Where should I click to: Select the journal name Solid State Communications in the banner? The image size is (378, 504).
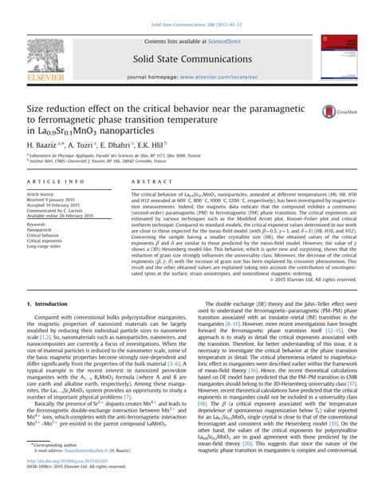pos(188,58)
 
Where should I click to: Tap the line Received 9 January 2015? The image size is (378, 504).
pos(57,200)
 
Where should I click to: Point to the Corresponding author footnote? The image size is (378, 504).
pos(57,466)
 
